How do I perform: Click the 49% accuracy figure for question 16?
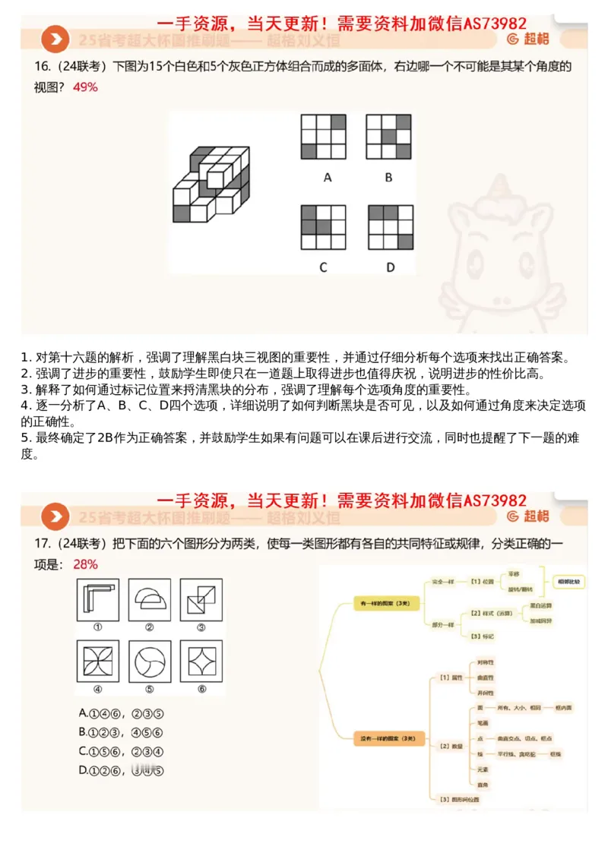point(85,87)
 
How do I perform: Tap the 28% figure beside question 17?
point(85,565)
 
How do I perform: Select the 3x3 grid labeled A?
point(323,137)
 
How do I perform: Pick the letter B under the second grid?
point(388,178)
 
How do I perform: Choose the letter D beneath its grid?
point(390,267)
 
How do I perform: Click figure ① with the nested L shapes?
point(98,599)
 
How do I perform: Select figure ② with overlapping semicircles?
point(150,599)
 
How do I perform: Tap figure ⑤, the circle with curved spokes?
point(150,662)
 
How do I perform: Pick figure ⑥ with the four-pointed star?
point(201,662)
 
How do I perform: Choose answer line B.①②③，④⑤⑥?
point(122,732)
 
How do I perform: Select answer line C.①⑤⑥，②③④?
point(122,751)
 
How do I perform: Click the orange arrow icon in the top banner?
point(54,39)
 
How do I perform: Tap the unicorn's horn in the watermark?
point(502,186)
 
